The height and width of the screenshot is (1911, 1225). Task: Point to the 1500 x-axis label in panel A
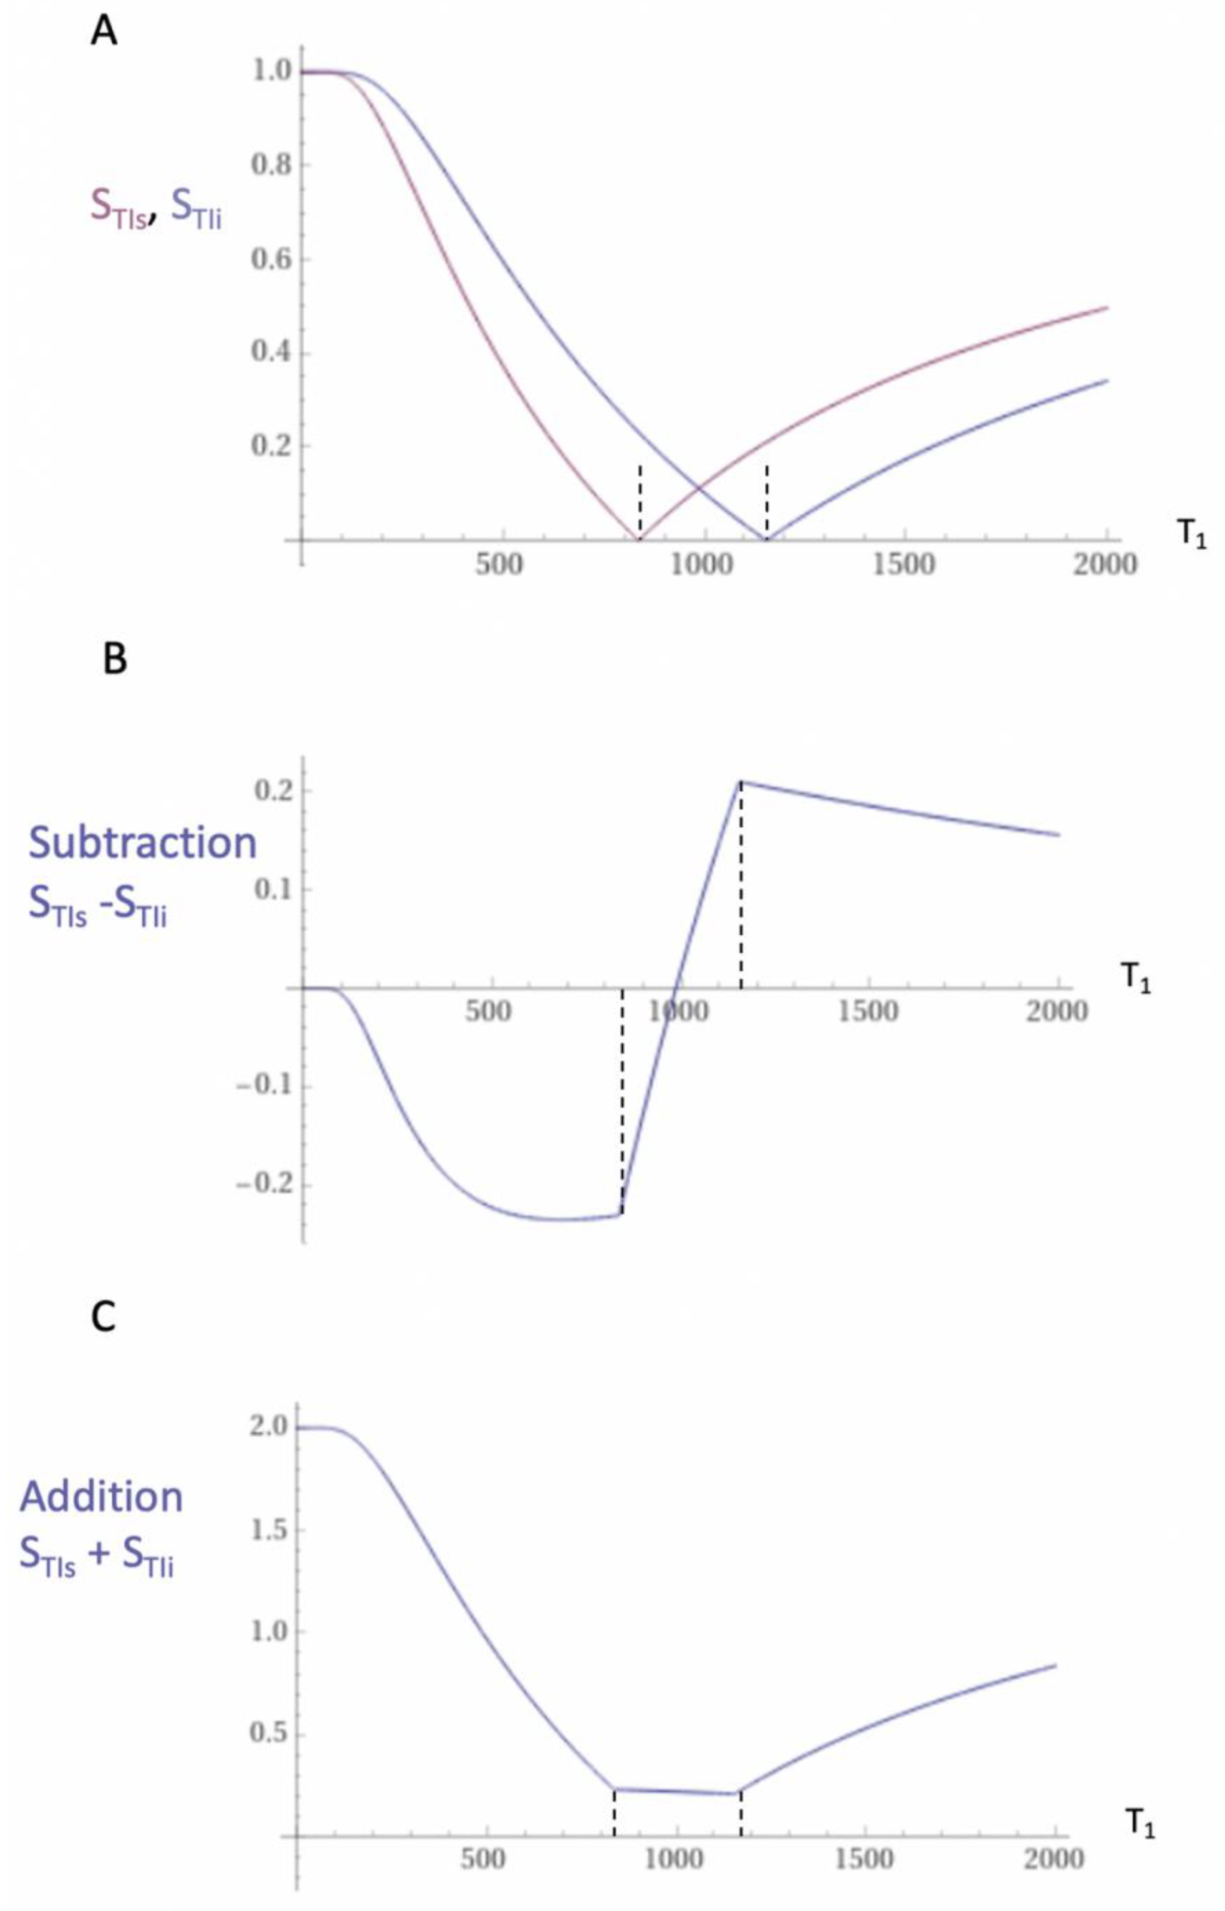tap(904, 564)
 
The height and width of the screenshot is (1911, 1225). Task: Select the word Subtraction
tap(143, 842)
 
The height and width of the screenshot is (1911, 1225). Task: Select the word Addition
tap(101, 1497)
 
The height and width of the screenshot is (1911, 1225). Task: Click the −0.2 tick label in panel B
tap(262, 1185)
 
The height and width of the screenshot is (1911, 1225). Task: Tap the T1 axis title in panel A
tap(1191, 535)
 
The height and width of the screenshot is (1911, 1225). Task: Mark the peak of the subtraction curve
tap(740, 782)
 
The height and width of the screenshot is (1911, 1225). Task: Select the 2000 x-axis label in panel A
tap(1107, 564)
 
